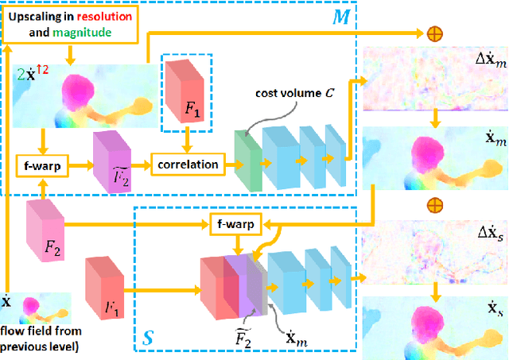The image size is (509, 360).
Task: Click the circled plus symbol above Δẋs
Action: pyautogui.click(x=435, y=205)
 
